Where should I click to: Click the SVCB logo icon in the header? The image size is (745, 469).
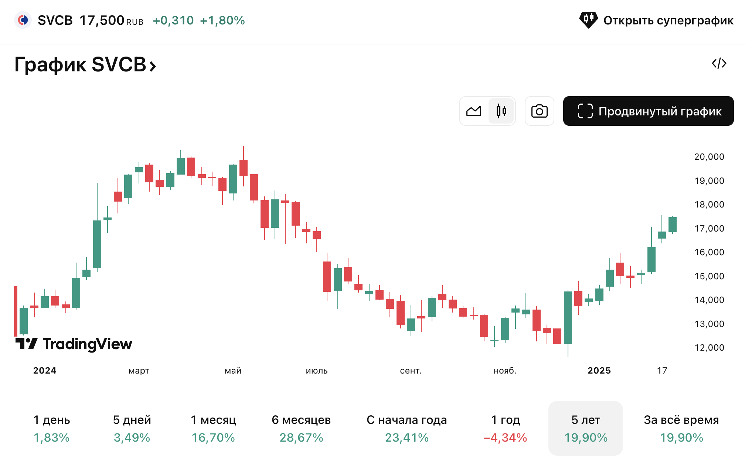[x=23, y=20]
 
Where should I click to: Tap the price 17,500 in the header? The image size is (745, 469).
[x=102, y=20]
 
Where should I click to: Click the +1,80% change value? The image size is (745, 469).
[x=222, y=20]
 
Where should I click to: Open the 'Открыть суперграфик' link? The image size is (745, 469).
[x=656, y=20]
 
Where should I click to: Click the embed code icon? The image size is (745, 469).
[x=719, y=63]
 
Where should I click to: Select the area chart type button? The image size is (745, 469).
[x=474, y=111]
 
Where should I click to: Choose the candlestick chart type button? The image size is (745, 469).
[x=501, y=111]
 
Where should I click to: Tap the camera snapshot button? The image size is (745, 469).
[x=539, y=111]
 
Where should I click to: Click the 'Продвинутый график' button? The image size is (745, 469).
[x=648, y=111]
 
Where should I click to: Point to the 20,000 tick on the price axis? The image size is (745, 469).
[x=709, y=157]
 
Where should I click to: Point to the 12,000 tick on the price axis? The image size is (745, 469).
[x=709, y=348]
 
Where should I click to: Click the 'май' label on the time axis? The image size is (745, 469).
[x=233, y=371]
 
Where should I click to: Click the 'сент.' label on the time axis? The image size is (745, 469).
[x=411, y=371]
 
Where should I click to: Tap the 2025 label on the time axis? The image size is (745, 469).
[x=599, y=371]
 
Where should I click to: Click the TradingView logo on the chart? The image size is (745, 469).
[x=74, y=344]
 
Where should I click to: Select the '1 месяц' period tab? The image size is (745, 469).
[x=213, y=428]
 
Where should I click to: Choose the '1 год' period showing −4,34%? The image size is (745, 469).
[x=505, y=428]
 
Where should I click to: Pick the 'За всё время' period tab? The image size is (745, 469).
[x=681, y=428]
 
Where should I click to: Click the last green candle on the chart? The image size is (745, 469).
[x=672, y=225]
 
